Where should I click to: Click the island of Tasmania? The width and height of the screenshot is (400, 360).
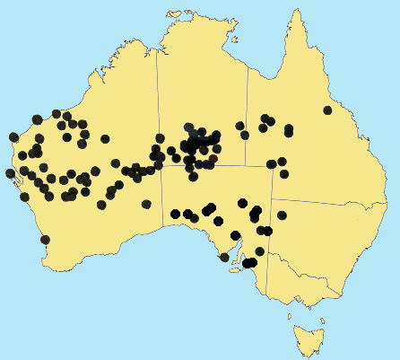pos(308,340)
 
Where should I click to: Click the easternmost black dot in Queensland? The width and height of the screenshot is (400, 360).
pos(327,110)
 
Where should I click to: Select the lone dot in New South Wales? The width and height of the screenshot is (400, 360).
pos(282,215)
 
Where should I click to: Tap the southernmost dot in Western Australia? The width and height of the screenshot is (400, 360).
pos(45,240)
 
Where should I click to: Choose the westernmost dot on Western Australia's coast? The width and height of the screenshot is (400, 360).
pos(10,173)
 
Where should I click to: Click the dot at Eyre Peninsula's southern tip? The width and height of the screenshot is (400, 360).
pos(224,258)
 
